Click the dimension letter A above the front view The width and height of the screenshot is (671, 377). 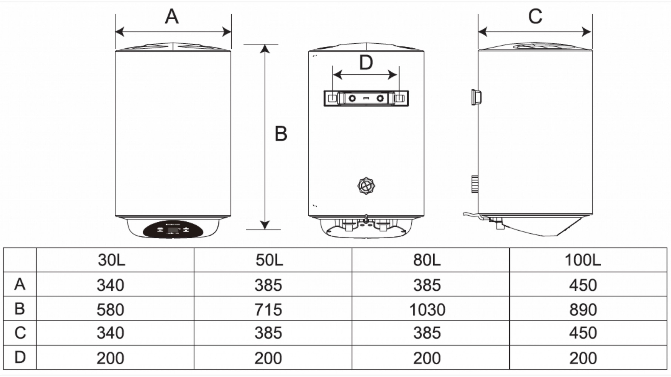click(x=172, y=17)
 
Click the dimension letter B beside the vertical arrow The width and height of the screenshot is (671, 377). click(x=281, y=134)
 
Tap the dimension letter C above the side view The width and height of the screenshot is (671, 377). click(x=535, y=17)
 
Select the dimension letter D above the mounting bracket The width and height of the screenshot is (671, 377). click(x=366, y=63)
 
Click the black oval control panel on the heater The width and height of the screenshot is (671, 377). click(x=173, y=230)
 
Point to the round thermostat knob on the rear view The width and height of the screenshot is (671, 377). click(x=366, y=185)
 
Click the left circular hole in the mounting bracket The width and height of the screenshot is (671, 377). click(x=352, y=98)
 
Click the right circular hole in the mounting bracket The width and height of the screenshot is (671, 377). click(x=380, y=98)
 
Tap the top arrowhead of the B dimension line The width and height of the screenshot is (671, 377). click(x=265, y=49)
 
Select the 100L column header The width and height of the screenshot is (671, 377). click(x=582, y=260)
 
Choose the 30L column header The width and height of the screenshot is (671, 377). click(x=111, y=260)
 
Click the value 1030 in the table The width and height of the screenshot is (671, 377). click(x=427, y=310)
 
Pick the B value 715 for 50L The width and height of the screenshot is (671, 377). click(x=268, y=310)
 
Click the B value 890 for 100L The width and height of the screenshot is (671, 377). click(x=583, y=310)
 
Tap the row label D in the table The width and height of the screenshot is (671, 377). click(x=20, y=357)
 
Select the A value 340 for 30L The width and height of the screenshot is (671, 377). click(x=110, y=285)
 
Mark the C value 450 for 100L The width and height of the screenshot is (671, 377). click(x=583, y=333)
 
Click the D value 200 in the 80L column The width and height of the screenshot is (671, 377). click(x=427, y=358)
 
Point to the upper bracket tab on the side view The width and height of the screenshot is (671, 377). click(x=476, y=97)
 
